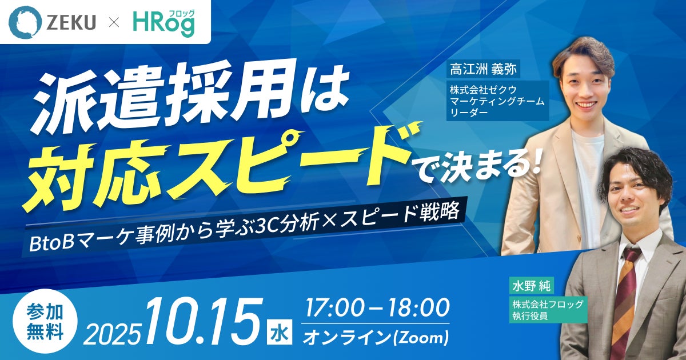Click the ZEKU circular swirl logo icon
tap(25, 22)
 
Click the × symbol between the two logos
tap(114, 23)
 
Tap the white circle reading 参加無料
tap(45, 322)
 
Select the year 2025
tap(111, 333)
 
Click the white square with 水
tap(280, 333)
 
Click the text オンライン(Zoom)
tap(376, 337)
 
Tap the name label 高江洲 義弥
tap(483, 69)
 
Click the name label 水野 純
tap(531, 286)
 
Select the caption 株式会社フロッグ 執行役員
tap(548, 310)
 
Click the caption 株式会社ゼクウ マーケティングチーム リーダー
tap(497, 101)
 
